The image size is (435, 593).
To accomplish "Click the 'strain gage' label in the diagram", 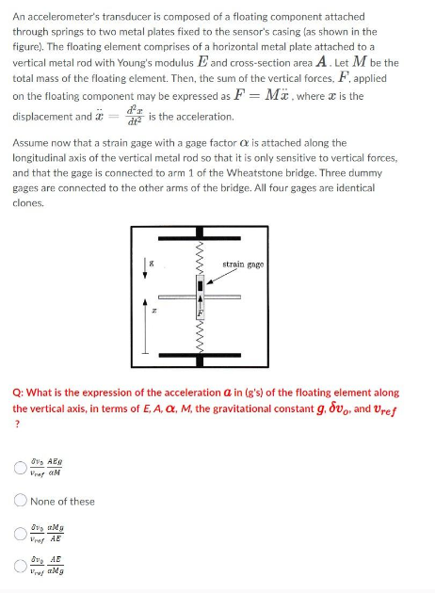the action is tap(242, 264).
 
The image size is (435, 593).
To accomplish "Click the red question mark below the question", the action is tap(16, 424).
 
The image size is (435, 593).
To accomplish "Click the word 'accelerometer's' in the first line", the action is tap(55, 17).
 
